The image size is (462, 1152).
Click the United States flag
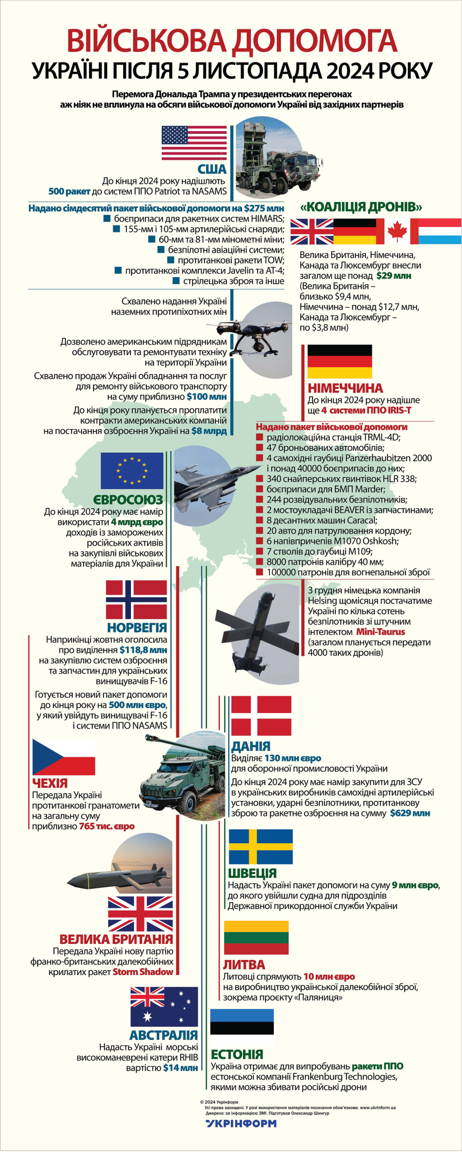coord(194,142)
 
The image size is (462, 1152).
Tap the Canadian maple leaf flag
coord(397,232)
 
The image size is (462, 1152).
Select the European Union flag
coord(132,470)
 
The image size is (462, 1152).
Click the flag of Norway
coord(136,599)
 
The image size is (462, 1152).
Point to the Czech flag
coord(64,757)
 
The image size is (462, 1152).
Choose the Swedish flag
coord(261,846)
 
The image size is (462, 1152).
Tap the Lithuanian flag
coord(256,937)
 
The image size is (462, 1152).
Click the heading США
coord(212,169)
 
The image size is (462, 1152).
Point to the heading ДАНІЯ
coord(251,746)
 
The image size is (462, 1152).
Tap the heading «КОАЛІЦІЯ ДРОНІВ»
coord(361,207)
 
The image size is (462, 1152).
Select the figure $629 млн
coord(410,813)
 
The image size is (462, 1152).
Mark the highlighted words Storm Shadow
coord(143,972)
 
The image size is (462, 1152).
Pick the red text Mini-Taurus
coord(381,631)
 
